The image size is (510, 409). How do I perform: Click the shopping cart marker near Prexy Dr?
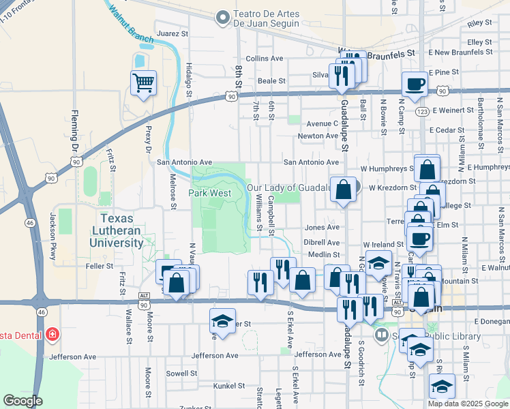click(x=143, y=84)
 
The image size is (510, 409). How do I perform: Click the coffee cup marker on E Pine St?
click(x=415, y=85)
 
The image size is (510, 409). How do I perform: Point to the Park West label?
click(x=211, y=193)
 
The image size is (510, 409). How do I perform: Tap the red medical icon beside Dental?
click(x=52, y=335)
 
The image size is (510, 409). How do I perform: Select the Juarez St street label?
click(x=172, y=33)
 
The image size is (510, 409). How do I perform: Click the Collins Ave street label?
click(x=265, y=59)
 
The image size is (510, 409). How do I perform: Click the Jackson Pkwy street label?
click(x=52, y=228)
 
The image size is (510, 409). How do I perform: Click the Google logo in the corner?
click(x=22, y=400)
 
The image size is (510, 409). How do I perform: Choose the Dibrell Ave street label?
click(x=322, y=242)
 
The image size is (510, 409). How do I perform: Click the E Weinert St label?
click(x=452, y=109)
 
